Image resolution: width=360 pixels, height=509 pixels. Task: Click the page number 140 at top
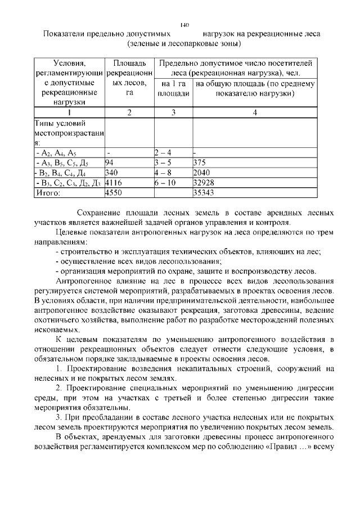click(185, 25)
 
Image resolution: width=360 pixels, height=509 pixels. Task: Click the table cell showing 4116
click(114, 183)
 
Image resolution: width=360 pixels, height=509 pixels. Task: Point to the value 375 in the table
click(199, 163)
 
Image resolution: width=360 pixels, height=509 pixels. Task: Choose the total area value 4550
click(114, 192)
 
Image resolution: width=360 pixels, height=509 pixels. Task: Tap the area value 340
click(111, 173)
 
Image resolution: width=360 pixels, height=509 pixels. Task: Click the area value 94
click(110, 163)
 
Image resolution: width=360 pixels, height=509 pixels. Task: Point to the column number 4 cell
click(255, 112)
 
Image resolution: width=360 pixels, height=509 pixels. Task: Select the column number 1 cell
click(69, 112)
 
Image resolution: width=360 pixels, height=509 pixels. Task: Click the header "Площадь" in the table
click(129, 62)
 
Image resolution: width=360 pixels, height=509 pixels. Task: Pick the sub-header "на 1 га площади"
click(173, 88)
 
